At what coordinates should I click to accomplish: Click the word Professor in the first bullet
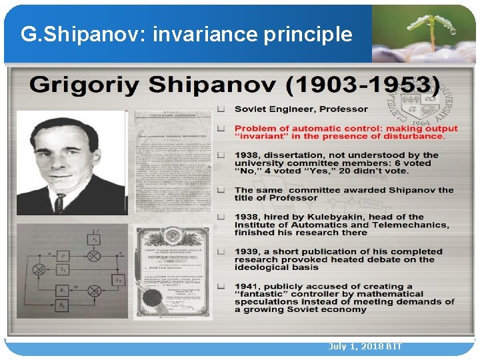point(343,109)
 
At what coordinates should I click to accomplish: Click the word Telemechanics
point(414,225)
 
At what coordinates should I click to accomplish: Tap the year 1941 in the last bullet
point(247,286)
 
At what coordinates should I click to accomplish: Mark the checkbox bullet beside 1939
point(221,251)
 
